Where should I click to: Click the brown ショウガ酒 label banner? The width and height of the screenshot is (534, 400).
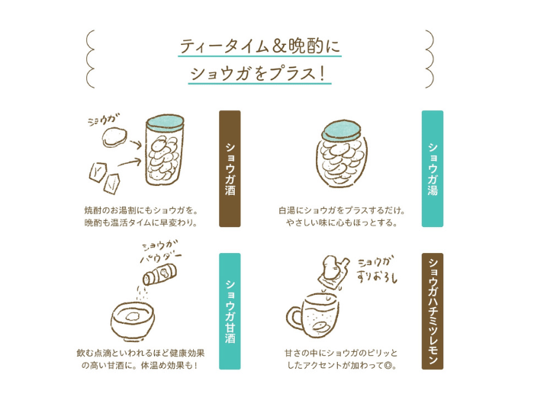pyautogui.click(x=230, y=168)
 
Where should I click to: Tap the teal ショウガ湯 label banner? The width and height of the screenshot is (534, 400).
pyautogui.click(x=433, y=168)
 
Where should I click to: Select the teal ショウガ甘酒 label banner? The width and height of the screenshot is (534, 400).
pyautogui.click(x=230, y=311)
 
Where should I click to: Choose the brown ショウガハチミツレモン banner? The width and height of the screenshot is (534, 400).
pyautogui.click(x=433, y=311)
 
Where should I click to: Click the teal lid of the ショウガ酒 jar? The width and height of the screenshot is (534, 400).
pyautogui.click(x=166, y=123)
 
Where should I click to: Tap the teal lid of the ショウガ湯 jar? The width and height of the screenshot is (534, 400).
pyautogui.click(x=342, y=130)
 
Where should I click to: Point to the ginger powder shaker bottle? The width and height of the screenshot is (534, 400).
pyautogui.click(x=159, y=274)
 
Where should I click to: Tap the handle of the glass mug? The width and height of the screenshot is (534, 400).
pyautogui.click(x=294, y=318)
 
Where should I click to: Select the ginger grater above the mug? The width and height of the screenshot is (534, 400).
pyautogui.click(x=334, y=272)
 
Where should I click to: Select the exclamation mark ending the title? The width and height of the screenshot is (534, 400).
pyautogui.click(x=322, y=73)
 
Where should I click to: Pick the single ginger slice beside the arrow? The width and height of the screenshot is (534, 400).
pyautogui.click(x=114, y=136)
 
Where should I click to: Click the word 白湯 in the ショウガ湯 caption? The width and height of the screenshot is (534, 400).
pyautogui.click(x=287, y=210)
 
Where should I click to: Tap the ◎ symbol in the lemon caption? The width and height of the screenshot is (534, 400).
pyautogui.click(x=388, y=366)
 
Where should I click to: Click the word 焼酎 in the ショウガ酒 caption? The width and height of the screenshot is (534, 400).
pyautogui.click(x=93, y=210)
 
